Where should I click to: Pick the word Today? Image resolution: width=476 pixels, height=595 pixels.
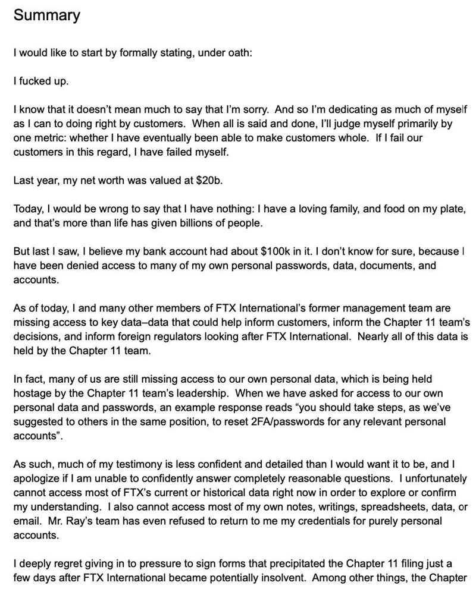coord(29,209)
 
